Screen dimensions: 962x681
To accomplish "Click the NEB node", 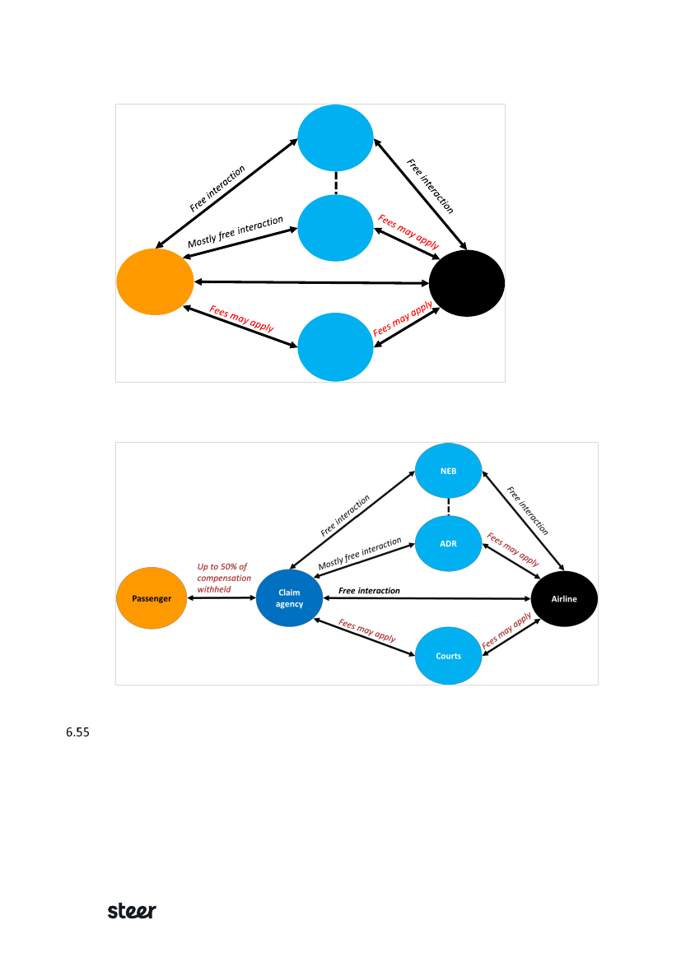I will (x=448, y=471).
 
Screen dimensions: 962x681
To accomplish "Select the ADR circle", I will (x=448, y=543).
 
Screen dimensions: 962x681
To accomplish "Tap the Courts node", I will (x=448, y=656).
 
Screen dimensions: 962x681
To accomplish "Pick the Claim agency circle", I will (x=289, y=598).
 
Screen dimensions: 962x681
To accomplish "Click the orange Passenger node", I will (x=152, y=598).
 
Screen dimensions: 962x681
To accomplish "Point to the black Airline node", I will (x=564, y=598).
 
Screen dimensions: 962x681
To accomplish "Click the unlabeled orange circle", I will (x=155, y=281).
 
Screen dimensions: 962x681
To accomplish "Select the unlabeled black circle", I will (x=467, y=282).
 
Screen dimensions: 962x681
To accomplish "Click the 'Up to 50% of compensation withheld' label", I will (x=222, y=578).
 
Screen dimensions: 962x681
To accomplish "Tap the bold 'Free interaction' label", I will (x=369, y=591).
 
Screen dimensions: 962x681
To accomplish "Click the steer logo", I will (x=132, y=911).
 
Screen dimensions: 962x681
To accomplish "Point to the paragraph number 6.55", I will (x=77, y=732).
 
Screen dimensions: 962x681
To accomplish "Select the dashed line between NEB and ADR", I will (x=448, y=507).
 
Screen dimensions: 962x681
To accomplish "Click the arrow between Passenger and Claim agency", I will (x=222, y=598).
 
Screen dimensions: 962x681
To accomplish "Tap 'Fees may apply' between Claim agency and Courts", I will (x=367, y=630).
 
